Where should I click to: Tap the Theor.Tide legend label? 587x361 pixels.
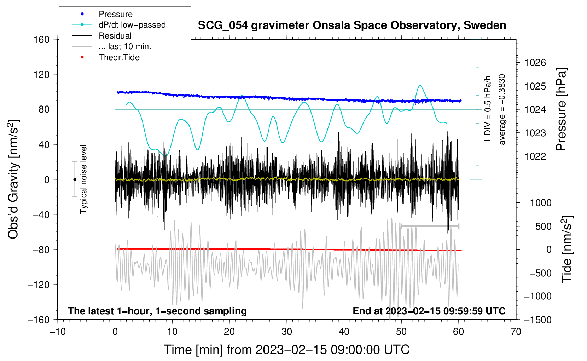pos(119,57)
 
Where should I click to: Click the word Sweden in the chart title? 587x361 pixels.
pos(485,25)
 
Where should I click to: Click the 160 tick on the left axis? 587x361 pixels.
pos(42,40)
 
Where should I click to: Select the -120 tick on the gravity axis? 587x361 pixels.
pos(39,285)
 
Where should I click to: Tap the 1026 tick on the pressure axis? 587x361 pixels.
pos(535,63)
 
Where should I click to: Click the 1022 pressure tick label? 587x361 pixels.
pos(535,156)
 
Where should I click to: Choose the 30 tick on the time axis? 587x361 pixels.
pos(287,332)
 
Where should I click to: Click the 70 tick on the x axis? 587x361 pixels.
pos(516,332)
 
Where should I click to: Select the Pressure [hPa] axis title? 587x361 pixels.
pos(561,109)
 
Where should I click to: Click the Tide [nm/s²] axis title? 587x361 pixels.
pos(567,249)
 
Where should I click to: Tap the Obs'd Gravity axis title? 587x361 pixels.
pos(13,179)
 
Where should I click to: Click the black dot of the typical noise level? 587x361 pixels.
pos(75,179)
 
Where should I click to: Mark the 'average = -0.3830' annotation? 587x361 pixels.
pos(502,109)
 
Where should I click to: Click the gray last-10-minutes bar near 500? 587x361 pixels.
pos(430,226)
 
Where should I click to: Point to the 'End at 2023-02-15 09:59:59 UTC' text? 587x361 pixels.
pos(429,311)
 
